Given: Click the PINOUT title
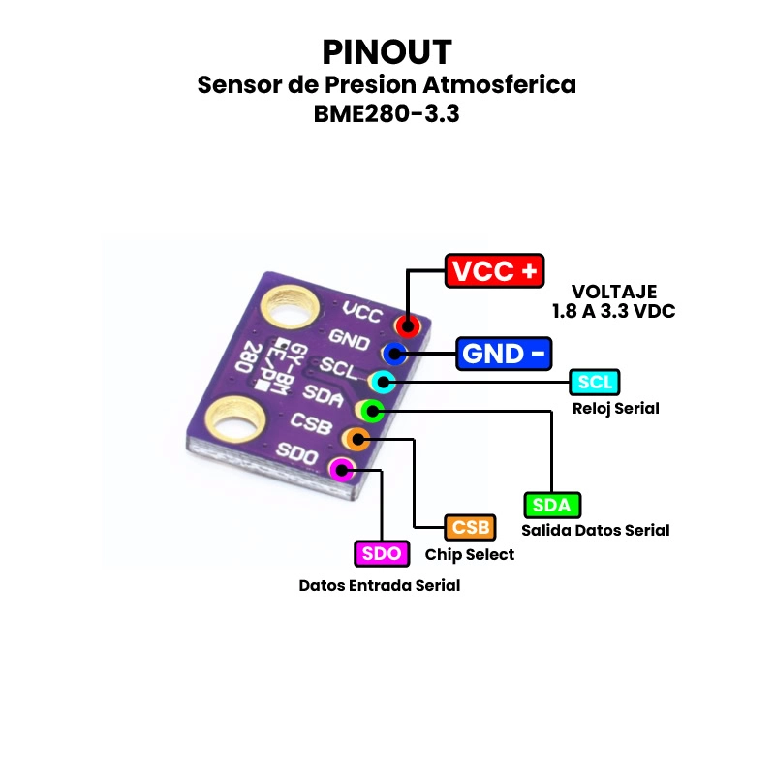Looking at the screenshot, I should [387, 51].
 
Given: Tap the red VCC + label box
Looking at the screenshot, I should [494, 271].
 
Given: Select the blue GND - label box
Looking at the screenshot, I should [505, 354].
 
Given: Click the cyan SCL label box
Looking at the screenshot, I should [595, 382].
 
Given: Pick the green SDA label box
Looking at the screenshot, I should [552, 505].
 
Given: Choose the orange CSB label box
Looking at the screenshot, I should [470, 528].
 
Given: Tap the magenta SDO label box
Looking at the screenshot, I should [382, 553].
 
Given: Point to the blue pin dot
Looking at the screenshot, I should [394, 354].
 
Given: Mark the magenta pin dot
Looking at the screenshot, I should [341, 471].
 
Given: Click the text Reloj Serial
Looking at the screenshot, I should [615, 408].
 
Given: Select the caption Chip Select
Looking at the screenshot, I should [470, 555].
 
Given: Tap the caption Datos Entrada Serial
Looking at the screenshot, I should [379, 585].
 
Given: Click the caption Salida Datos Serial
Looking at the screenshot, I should [595, 530].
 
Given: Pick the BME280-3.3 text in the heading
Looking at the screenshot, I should [387, 113].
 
